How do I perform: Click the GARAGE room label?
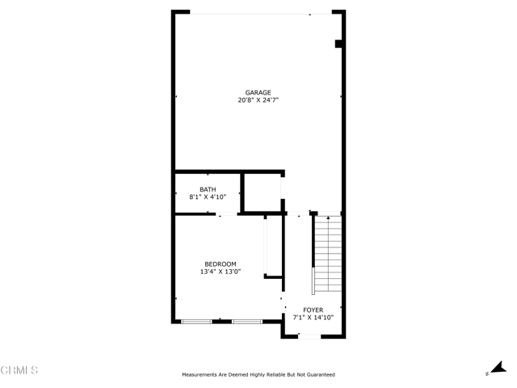(258, 93)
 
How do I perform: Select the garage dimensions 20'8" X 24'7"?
(258, 100)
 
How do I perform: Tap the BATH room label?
(208, 189)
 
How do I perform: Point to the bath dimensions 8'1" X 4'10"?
(208, 197)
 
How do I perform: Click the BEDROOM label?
(221, 264)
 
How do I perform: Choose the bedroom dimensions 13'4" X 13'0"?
(221, 272)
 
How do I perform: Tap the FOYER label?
(313, 310)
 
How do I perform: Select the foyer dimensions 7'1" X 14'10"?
(313, 318)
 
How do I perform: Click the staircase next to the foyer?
(328, 254)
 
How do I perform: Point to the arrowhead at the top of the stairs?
(328, 217)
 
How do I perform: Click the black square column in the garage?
(338, 44)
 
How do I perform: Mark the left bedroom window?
(196, 322)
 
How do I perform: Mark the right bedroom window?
(247, 322)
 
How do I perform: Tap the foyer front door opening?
(309, 336)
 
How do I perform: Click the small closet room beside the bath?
(263, 192)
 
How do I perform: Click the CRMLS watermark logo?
(19, 370)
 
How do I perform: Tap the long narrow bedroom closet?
(274, 246)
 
